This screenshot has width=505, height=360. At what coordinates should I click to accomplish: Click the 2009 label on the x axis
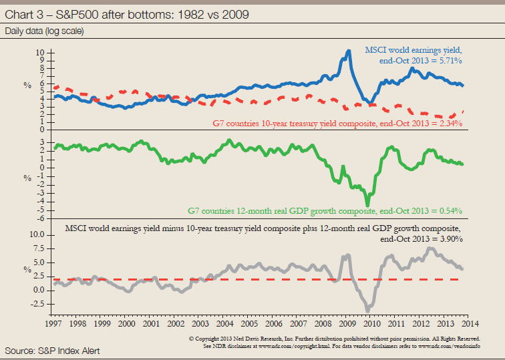click(x=347, y=323)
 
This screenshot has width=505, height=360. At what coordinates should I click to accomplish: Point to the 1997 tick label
click(x=55, y=323)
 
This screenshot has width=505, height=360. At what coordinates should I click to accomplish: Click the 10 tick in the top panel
click(x=40, y=51)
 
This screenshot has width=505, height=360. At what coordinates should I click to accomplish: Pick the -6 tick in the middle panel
click(x=41, y=217)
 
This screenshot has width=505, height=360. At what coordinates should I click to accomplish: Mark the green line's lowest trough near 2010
click(x=367, y=204)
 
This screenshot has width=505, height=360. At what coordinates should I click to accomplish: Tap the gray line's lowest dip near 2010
click(x=367, y=310)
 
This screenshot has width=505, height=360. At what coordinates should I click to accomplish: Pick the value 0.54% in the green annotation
click(x=449, y=211)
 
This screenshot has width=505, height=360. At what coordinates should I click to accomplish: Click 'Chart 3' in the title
click(x=23, y=14)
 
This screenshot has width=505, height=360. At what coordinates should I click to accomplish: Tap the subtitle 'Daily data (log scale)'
click(x=45, y=31)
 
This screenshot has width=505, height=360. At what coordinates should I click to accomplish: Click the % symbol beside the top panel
click(x=28, y=85)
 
